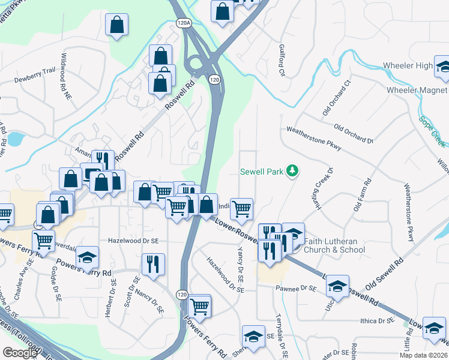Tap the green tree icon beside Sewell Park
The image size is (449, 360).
[x=292, y=171]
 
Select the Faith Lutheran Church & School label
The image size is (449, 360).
[x=334, y=245]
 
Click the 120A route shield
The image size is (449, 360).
[x=184, y=22]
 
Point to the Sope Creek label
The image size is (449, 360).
[x=433, y=130]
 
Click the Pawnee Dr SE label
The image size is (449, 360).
[x=296, y=289]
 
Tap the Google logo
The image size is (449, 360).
[x=20, y=353]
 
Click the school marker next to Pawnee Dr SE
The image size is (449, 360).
[x=337, y=286]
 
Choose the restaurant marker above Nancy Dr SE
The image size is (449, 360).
[x=153, y=263]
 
